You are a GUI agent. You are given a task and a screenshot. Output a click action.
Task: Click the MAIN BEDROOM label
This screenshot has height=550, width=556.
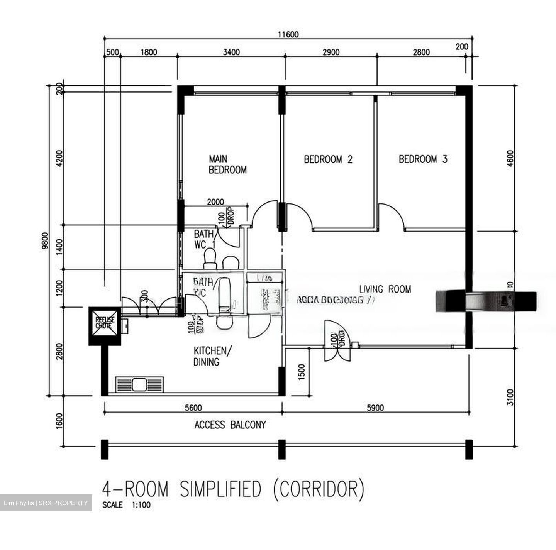[x=227, y=164]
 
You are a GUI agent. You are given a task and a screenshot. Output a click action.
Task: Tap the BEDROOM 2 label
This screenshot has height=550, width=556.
[x=328, y=159]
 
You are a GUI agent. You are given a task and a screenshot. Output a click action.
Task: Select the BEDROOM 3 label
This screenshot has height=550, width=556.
[x=423, y=159]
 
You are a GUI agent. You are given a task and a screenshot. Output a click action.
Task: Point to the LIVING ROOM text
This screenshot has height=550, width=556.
[x=385, y=289]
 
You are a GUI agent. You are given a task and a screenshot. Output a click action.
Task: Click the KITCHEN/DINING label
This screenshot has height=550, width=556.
[x=212, y=356]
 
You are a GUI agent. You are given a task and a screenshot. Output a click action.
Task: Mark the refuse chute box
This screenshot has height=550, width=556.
[x=105, y=326]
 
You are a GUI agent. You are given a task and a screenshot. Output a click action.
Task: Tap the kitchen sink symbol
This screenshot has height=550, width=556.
[x=139, y=384]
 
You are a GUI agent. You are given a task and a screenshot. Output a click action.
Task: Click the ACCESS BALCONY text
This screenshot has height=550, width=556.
[x=230, y=425]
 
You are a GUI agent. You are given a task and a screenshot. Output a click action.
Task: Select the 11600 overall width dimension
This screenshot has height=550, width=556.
[x=288, y=34]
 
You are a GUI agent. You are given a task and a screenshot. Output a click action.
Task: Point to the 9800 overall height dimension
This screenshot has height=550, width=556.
[x=45, y=241]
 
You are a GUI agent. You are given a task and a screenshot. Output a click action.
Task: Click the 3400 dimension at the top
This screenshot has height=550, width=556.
[x=231, y=52]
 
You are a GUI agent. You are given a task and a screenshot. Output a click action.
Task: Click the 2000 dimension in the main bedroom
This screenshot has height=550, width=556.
[x=215, y=202]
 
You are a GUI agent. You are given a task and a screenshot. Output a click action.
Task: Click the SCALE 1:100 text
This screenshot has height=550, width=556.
[x=126, y=504]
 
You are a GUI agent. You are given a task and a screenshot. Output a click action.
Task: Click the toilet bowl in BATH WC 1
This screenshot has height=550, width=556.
[x=210, y=258]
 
